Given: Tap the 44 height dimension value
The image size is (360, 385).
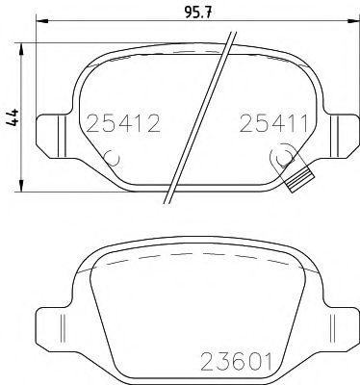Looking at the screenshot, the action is coord(13,117).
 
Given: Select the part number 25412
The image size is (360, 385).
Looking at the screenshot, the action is coord(123,124).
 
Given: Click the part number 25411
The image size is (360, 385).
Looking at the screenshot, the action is coord(273,124).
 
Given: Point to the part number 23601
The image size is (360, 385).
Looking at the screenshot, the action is coord(236,362).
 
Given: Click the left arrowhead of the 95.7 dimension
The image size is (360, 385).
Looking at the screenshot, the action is coord(41,21).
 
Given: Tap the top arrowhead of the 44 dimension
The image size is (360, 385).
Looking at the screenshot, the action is coord(21,49).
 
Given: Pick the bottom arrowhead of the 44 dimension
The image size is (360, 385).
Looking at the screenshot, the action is coord(21,186).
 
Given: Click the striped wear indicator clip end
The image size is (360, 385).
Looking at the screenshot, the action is coord(299,181).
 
